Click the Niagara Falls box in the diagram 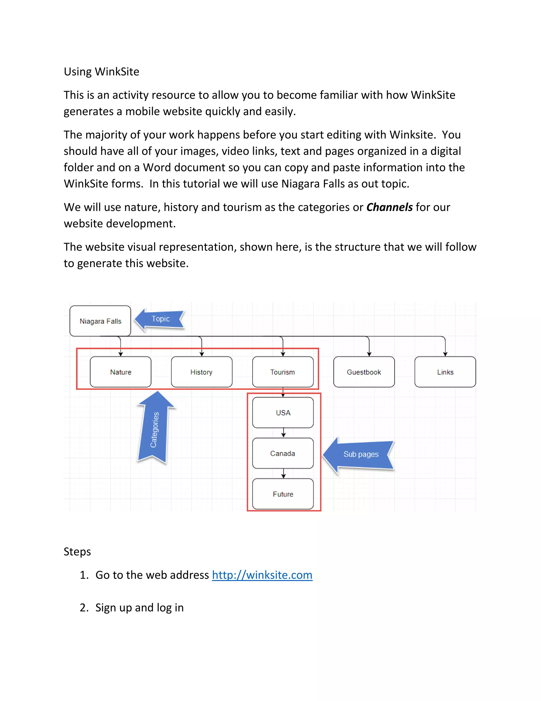click(100, 321)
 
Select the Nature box click(120, 372)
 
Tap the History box click(202, 372)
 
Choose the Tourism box click(283, 372)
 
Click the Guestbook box click(364, 372)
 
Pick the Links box click(445, 372)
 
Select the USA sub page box click(283, 412)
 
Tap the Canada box click(283, 453)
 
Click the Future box click(283, 494)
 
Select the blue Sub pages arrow click(359, 454)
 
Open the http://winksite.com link click(262, 575)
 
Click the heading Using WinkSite click(101, 72)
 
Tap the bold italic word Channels click(389, 207)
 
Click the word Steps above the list click(77, 552)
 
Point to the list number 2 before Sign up click(84, 608)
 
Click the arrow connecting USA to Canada click(283, 433)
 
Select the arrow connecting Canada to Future click(283, 474)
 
